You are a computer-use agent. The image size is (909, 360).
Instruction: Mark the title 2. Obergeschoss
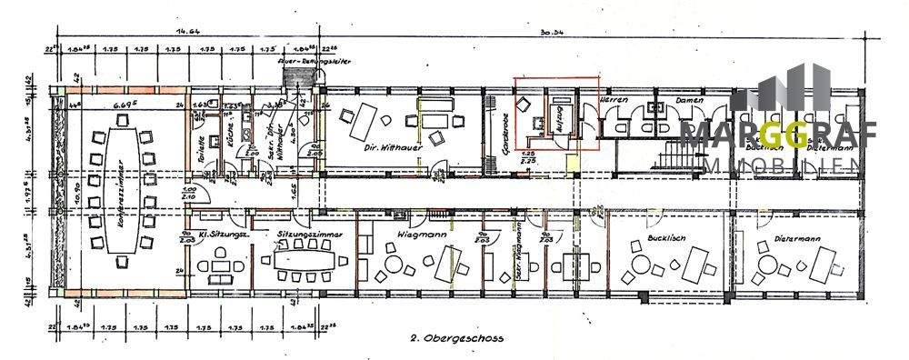coord(456,337)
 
